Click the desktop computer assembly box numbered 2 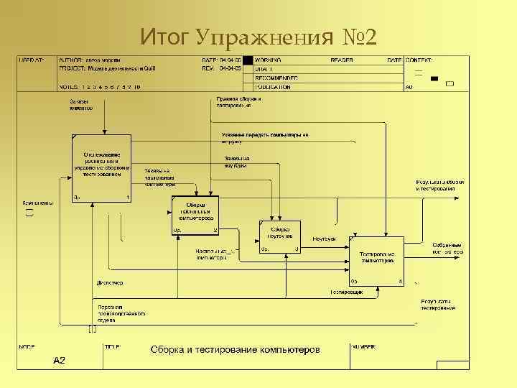pos(196,215)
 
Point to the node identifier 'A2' pos(59,360)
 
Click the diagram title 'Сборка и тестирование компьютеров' pos(235,350)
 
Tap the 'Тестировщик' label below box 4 pos(346,293)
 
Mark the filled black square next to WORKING pos(248,60)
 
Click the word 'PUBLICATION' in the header pos(273,87)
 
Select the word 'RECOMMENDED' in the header pos(276,78)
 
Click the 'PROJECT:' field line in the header pos(108,69)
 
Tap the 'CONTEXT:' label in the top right pos(420,60)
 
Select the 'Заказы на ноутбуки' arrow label pos(236,160)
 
